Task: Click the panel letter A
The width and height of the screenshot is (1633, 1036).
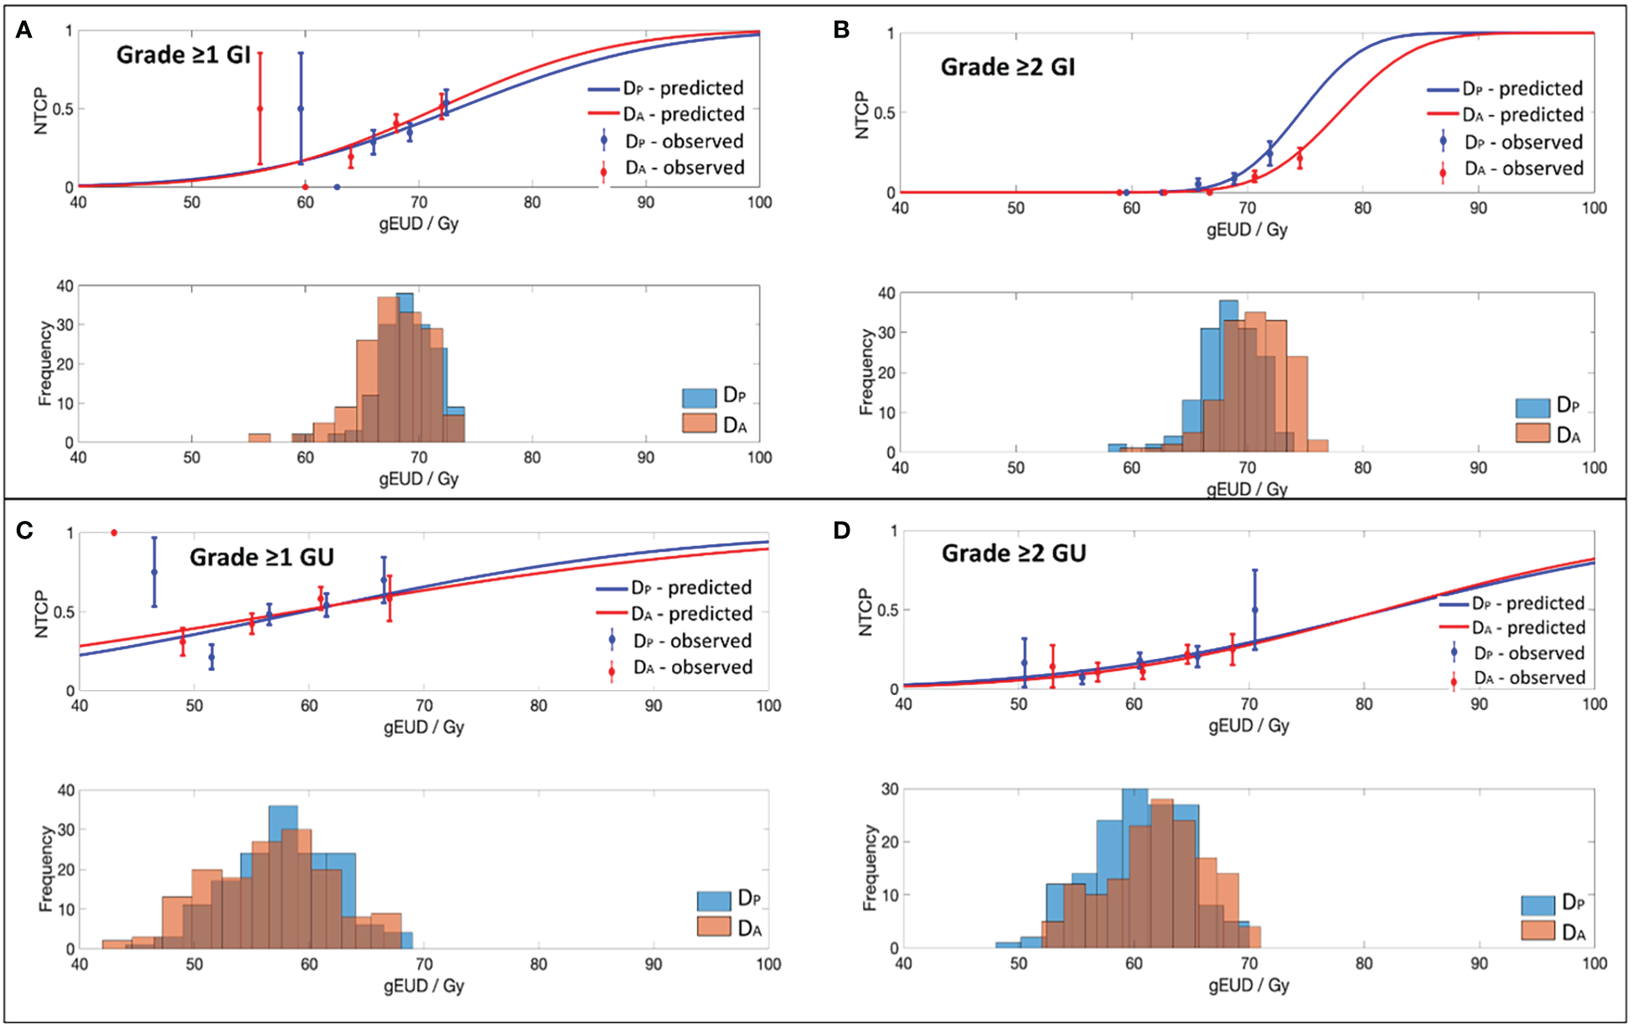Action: tap(23, 31)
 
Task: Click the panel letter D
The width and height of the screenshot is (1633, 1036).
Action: tap(842, 530)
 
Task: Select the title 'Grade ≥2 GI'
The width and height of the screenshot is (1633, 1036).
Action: tap(1007, 67)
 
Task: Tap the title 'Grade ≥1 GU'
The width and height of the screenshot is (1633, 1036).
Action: tap(261, 558)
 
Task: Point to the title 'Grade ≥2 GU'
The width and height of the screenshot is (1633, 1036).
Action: tap(1014, 554)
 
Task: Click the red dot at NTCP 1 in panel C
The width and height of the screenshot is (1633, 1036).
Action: tap(114, 533)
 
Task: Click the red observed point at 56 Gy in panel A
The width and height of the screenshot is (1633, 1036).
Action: tap(260, 109)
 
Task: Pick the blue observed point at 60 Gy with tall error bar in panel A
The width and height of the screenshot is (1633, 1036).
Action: tap(301, 109)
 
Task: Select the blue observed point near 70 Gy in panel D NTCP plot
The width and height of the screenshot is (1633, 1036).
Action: tap(1254, 610)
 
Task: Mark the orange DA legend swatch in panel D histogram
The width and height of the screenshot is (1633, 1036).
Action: tap(1538, 930)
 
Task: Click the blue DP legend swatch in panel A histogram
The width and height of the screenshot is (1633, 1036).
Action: tap(699, 397)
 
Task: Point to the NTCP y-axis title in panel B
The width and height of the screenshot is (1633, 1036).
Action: tap(862, 115)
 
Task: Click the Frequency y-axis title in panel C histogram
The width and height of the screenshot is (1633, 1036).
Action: tap(46, 868)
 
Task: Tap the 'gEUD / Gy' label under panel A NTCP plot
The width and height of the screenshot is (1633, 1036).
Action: tap(418, 224)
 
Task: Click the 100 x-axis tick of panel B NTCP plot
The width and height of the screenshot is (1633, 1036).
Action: tap(1594, 208)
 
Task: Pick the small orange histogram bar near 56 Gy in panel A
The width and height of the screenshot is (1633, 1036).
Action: tap(260, 437)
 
